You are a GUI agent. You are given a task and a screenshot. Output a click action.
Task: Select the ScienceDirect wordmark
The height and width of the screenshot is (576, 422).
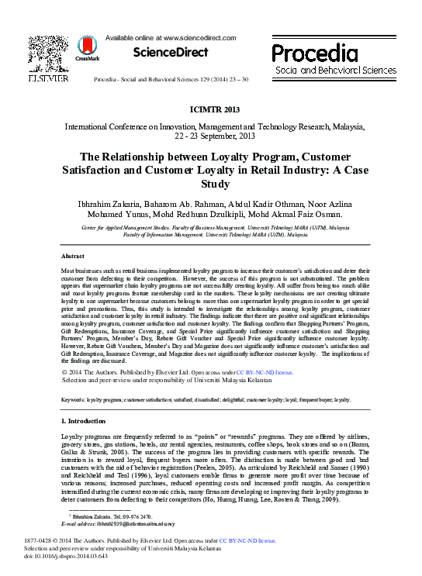pyautogui.click(x=171, y=53)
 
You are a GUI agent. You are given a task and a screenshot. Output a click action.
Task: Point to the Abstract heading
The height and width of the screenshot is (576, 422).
pyautogui.click(x=74, y=255)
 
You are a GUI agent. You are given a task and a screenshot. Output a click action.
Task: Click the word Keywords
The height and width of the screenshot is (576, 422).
pyautogui.click(x=73, y=400)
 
